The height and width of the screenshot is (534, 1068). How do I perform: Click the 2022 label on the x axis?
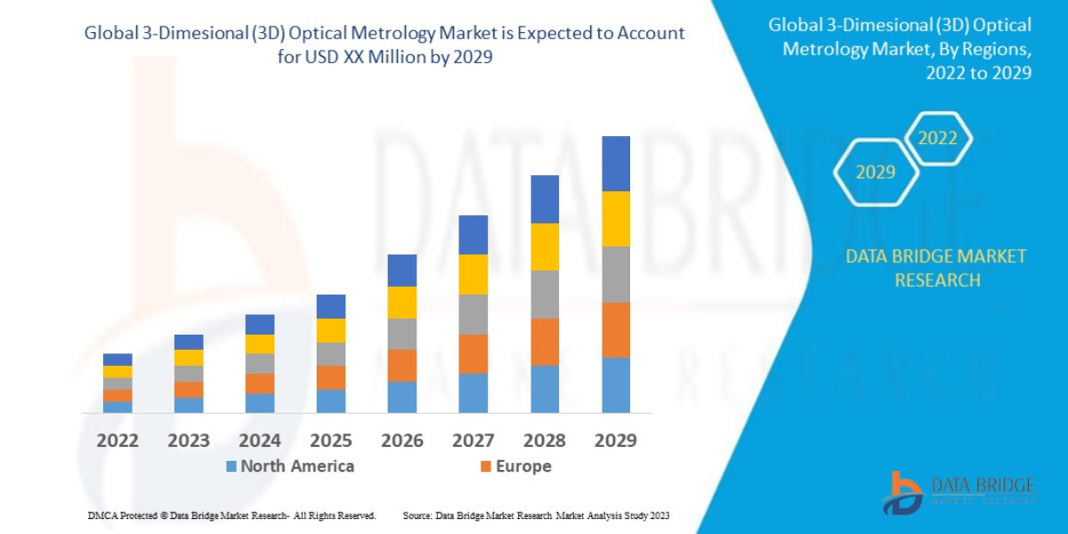tap(117, 441)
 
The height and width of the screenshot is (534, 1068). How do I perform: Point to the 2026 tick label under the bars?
tap(402, 441)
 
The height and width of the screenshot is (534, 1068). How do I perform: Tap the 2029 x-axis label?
tap(616, 441)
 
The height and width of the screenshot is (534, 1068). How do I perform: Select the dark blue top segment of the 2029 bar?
tap(616, 164)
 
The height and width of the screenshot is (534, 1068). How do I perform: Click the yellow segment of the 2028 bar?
tap(545, 247)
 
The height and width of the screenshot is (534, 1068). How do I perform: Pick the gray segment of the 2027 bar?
tap(473, 314)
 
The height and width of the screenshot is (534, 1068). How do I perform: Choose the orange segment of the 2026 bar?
tap(402, 365)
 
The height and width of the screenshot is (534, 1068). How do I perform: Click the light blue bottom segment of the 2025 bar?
tap(331, 400)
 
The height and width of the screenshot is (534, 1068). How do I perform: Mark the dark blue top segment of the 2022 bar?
tap(117, 360)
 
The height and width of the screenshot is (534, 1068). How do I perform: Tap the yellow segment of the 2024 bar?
tap(260, 344)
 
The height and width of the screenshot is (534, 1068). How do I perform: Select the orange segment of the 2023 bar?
tap(189, 389)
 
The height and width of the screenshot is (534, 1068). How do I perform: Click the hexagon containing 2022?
tap(937, 139)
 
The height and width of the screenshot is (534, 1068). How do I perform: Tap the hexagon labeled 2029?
tap(876, 173)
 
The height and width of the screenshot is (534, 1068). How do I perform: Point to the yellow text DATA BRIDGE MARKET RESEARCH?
tap(935, 268)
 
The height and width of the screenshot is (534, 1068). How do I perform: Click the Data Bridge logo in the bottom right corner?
tap(959, 493)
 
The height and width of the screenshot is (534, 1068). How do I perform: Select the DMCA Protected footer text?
tap(231, 515)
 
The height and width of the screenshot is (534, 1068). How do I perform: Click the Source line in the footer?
tap(536, 515)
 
